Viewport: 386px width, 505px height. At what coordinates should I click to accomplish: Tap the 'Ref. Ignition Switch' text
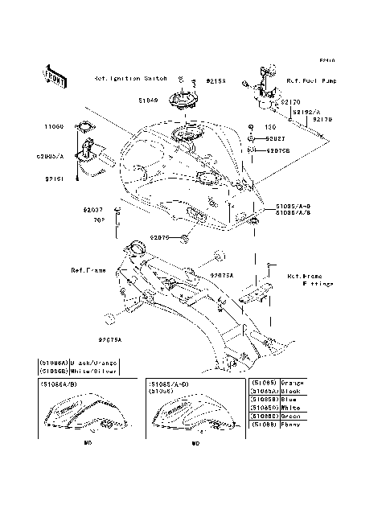130,79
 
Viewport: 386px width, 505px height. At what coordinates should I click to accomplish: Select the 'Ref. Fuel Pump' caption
311,82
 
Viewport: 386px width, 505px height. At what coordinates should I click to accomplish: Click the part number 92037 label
93,211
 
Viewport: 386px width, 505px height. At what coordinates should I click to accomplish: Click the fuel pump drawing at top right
265,84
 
